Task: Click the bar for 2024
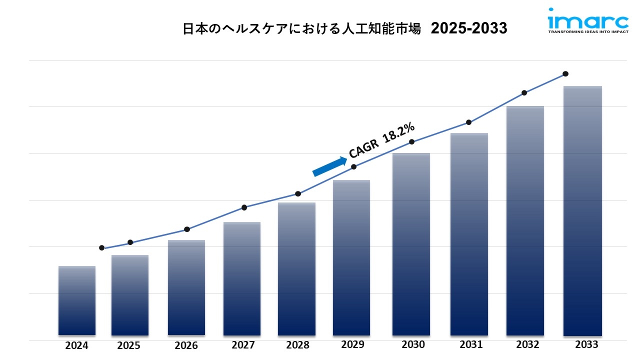pyautogui.click(x=76, y=300)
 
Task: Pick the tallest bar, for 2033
pyautogui.click(x=582, y=210)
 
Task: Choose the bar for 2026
pyautogui.click(x=186, y=287)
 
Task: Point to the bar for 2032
pyautogui.click(x=525, y=220)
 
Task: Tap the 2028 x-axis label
pyautogui.click(x=297, y=345)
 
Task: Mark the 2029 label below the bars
pyautogui.click(x=353, y=344)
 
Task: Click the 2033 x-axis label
pyautogui.click(x=586, y=344)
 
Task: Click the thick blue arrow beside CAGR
pyautogui.click(x=329, y=166)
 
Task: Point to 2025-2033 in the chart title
pyautogui.click(x=468, y=29)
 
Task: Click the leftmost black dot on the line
pyautogui.click(x=102, y=248)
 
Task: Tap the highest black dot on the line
pyautogui.click(x=565, y=73)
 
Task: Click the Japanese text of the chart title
pyautogui.click(x=301, y=29)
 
